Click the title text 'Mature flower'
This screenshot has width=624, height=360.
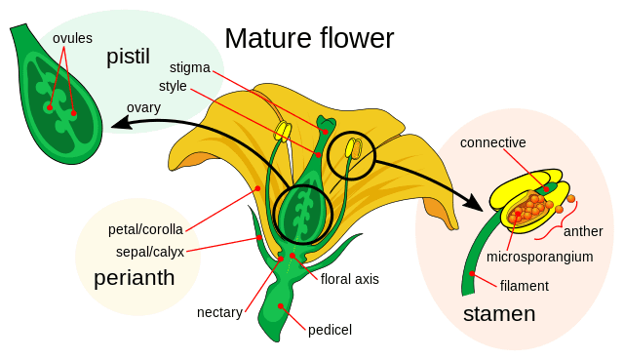click(x=309, y=38)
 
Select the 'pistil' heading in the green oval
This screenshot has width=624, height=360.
click(x=128, y=59)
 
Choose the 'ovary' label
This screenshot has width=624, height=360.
click(x=144, y=106)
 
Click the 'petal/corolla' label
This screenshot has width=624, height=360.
click(x=143, y=231)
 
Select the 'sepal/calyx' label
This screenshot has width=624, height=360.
click(x=143, y=251)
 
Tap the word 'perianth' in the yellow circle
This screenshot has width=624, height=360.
click(x=135, y=278)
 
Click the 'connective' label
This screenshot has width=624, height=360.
click(x=493, y=142)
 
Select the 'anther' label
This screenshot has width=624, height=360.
click(x=583, y=232)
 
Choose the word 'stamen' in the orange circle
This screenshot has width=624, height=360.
click(x=499, y=314)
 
